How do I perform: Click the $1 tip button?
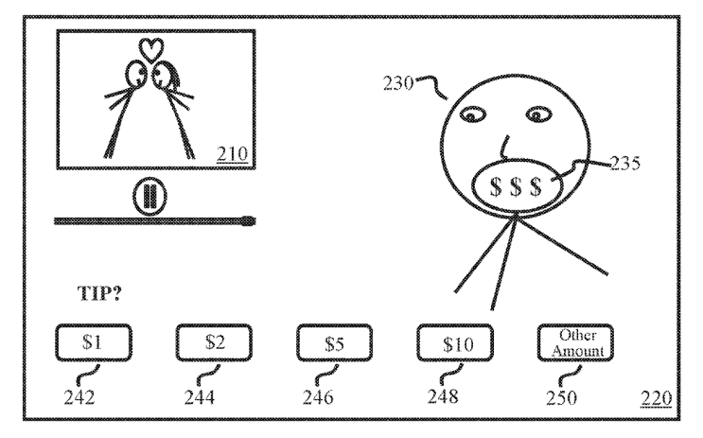(94, 342)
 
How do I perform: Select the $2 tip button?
(214, 342)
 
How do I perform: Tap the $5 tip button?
(334, 342)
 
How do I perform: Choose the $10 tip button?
(455, 342)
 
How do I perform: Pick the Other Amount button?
(575, 342)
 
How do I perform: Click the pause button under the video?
(149, 197)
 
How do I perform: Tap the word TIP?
(99, 293)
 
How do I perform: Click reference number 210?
(232, 154)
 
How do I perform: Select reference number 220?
(656, 397)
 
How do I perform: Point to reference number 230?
(398, 83)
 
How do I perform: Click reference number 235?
(625, 163)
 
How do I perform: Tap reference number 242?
(79, 397)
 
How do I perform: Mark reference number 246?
(318, 397)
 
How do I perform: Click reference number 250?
(561, 397)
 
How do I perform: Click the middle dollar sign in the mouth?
(516, 186)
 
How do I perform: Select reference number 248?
(443, 396)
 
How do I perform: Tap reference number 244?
(200, 397)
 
